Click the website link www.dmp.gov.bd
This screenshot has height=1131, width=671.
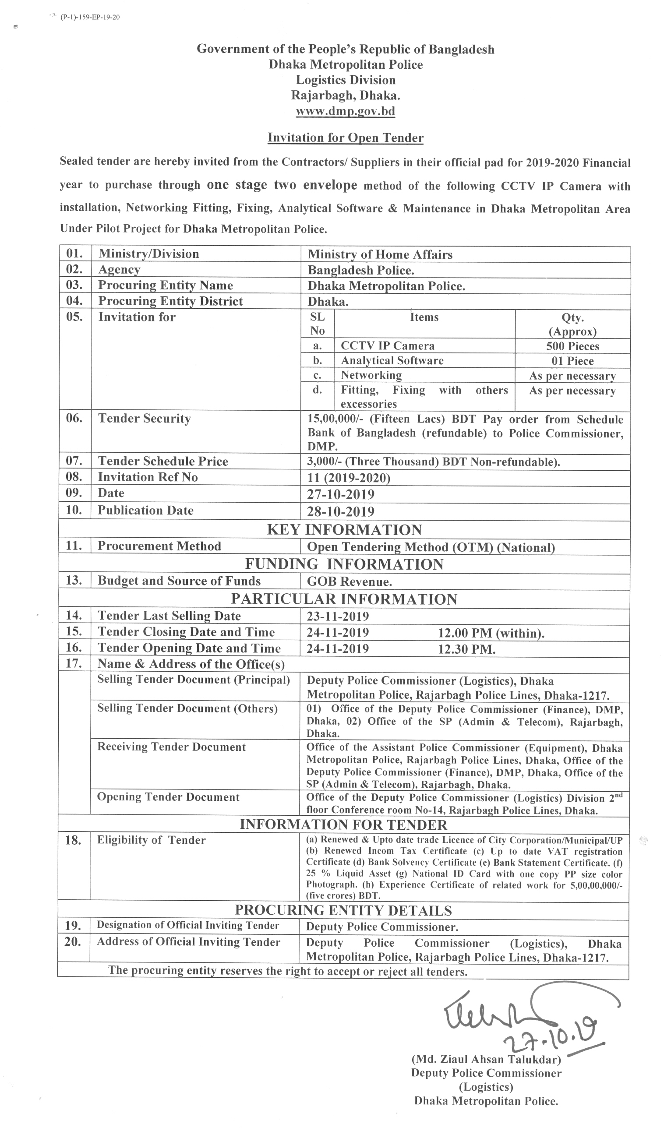pos(345,111)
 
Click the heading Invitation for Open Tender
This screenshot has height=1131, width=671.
pos(346,137)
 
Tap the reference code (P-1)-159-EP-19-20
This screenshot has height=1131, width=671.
pos(89,18)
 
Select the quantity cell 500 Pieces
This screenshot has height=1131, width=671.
pos(572,346)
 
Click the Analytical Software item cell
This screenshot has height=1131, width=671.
pos(392,361)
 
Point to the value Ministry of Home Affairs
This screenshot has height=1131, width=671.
pos(380,254)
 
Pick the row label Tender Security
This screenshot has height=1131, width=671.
pos(144,419)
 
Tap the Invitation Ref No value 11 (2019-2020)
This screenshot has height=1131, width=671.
pos(349,478)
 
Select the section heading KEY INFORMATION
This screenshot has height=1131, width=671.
pos(344,530)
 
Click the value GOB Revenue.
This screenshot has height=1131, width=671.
pos(349,582)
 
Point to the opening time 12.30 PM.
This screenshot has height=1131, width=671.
pos(466,650)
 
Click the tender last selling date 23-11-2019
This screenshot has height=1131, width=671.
pos(337,616)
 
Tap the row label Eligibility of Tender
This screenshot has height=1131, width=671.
pos(151,840)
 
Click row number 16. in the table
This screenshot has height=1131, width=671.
pos(74,648)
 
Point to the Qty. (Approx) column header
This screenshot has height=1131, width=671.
pos(572,324)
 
